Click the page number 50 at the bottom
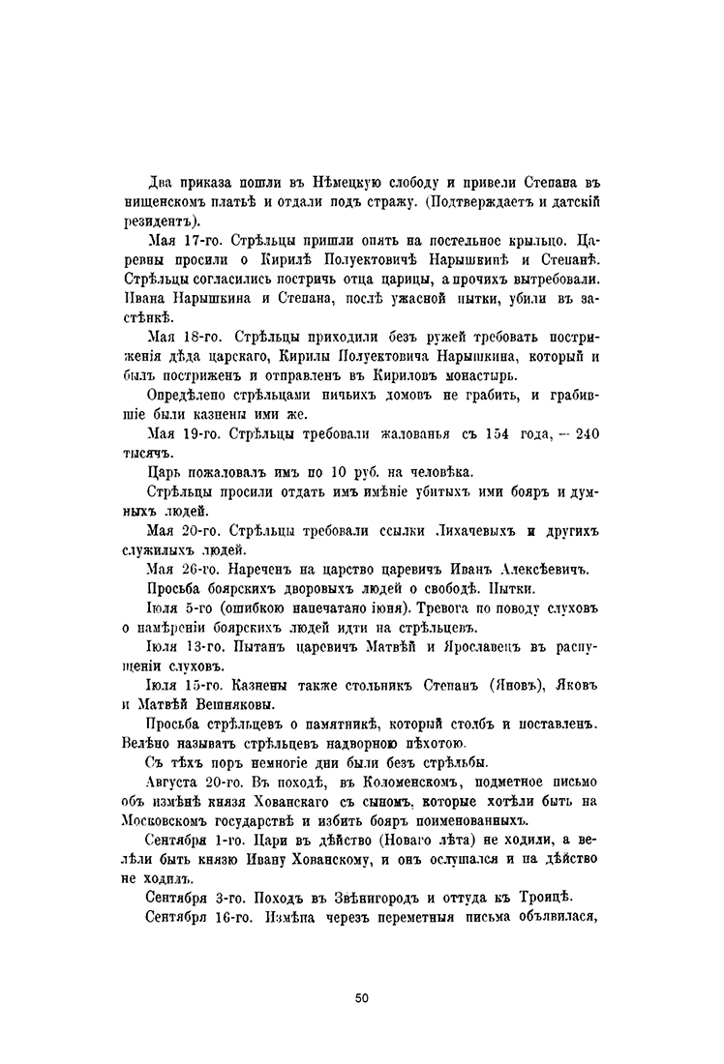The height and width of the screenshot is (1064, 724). (x=361, y=997)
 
